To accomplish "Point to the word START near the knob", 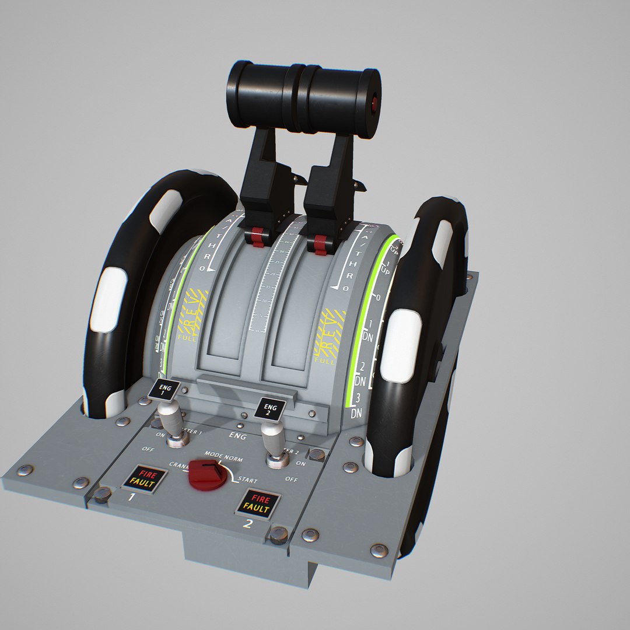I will (247, 480).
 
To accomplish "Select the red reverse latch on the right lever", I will (320, 244).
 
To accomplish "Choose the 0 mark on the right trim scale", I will (377, 298).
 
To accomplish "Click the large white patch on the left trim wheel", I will (108, 298).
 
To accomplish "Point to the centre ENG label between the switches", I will (238, 435).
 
